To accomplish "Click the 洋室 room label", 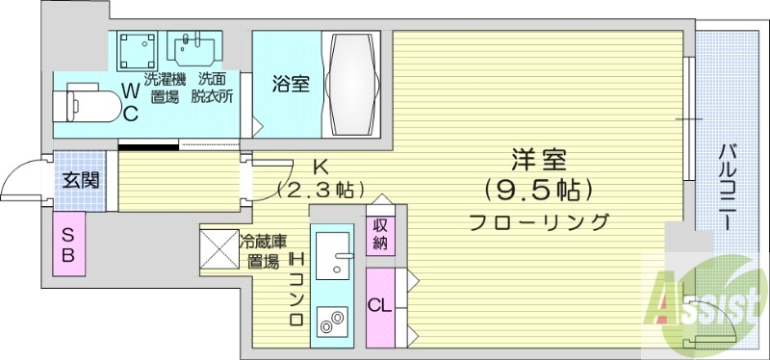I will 538,159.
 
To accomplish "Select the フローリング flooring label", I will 539,222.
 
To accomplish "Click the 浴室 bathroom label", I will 289,84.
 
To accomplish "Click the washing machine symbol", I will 139,49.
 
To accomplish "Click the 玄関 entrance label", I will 77,180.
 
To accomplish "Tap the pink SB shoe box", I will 69,244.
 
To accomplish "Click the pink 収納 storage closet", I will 380,233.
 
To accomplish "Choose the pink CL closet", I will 380,307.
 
